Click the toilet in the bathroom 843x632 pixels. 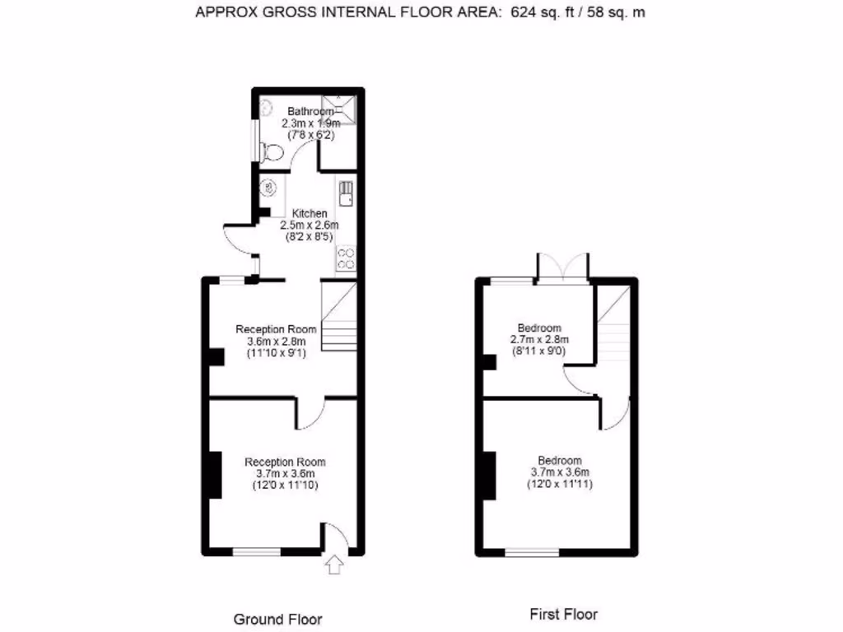(x=272, y=152)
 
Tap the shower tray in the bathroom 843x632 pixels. (x=338, y=109)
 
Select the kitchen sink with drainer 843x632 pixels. (x=346, y=193)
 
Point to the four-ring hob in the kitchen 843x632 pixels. (x=346, y=258)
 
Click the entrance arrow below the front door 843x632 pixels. (x=334, y=565)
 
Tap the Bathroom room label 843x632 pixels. (x=310, y=111)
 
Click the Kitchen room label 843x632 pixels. (x=310, y=213)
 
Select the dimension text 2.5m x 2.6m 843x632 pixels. (x=310, y=225)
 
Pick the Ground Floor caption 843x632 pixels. (x=278, y=619)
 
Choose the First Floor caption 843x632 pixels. (x=563, y=614)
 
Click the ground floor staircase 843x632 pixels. (x=339, y=317)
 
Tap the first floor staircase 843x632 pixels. (x=613, y=325)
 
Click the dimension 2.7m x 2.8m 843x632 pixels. (x=539, y=340)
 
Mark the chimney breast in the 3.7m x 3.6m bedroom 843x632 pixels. (x=489, y=476)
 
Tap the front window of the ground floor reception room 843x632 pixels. (x=257, y=551)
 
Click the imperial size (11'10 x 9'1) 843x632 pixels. (x=277, y=353)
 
